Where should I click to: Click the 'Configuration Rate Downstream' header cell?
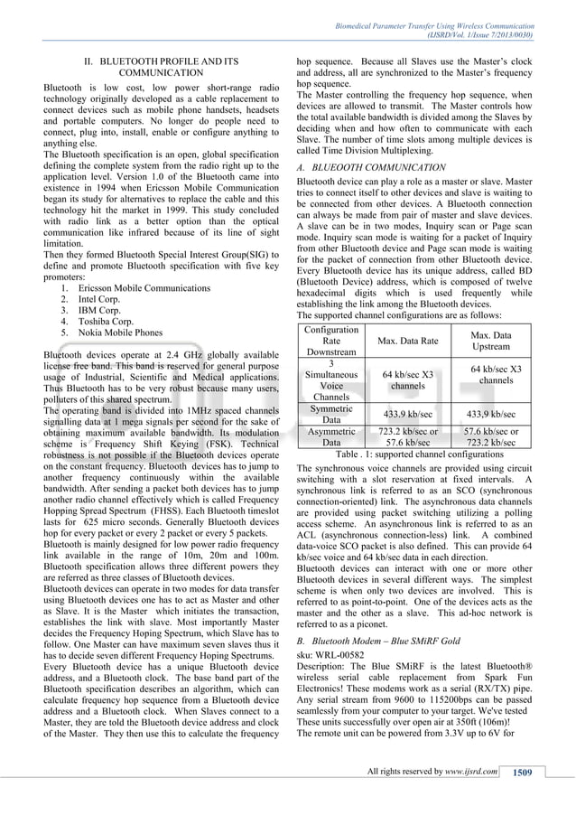click(331, 342)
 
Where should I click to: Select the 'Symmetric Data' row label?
click(331, 414)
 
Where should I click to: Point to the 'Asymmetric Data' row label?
click(331, 437)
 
